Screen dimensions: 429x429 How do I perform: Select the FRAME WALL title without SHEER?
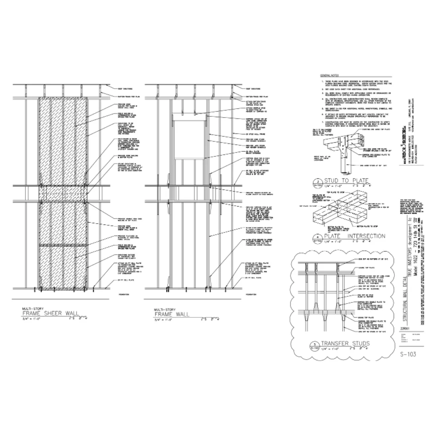click(x=172, y=314)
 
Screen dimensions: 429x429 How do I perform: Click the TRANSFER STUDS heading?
click(x=345, y=343)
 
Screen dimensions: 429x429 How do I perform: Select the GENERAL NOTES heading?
click(x=329, y=75)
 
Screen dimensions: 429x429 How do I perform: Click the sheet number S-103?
click(x=408, y=354)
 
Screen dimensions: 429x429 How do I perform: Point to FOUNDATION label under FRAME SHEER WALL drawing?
click(x=125, y=295)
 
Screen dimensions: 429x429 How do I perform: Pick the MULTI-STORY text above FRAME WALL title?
click(x=164, y=309)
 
